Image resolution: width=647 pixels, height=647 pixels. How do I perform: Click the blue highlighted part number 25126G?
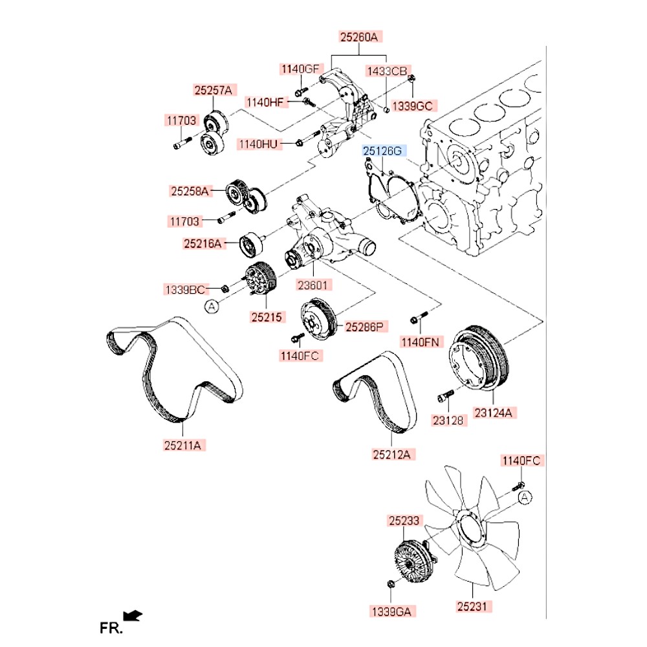tap(382, 151)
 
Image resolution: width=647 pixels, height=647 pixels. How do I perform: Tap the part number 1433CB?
tap(387, 71)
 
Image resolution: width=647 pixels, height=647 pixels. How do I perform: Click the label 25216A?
tap(203, 244)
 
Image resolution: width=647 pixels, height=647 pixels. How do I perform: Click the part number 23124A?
tap(496, 411)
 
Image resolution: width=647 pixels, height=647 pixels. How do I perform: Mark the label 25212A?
tap(391, 455)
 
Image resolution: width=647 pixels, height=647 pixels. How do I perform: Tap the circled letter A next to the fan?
tap(525, 497)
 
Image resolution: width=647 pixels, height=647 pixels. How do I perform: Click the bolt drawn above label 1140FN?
tap(418, 318)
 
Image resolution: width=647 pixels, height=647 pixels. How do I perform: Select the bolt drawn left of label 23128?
tap(444, 393)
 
